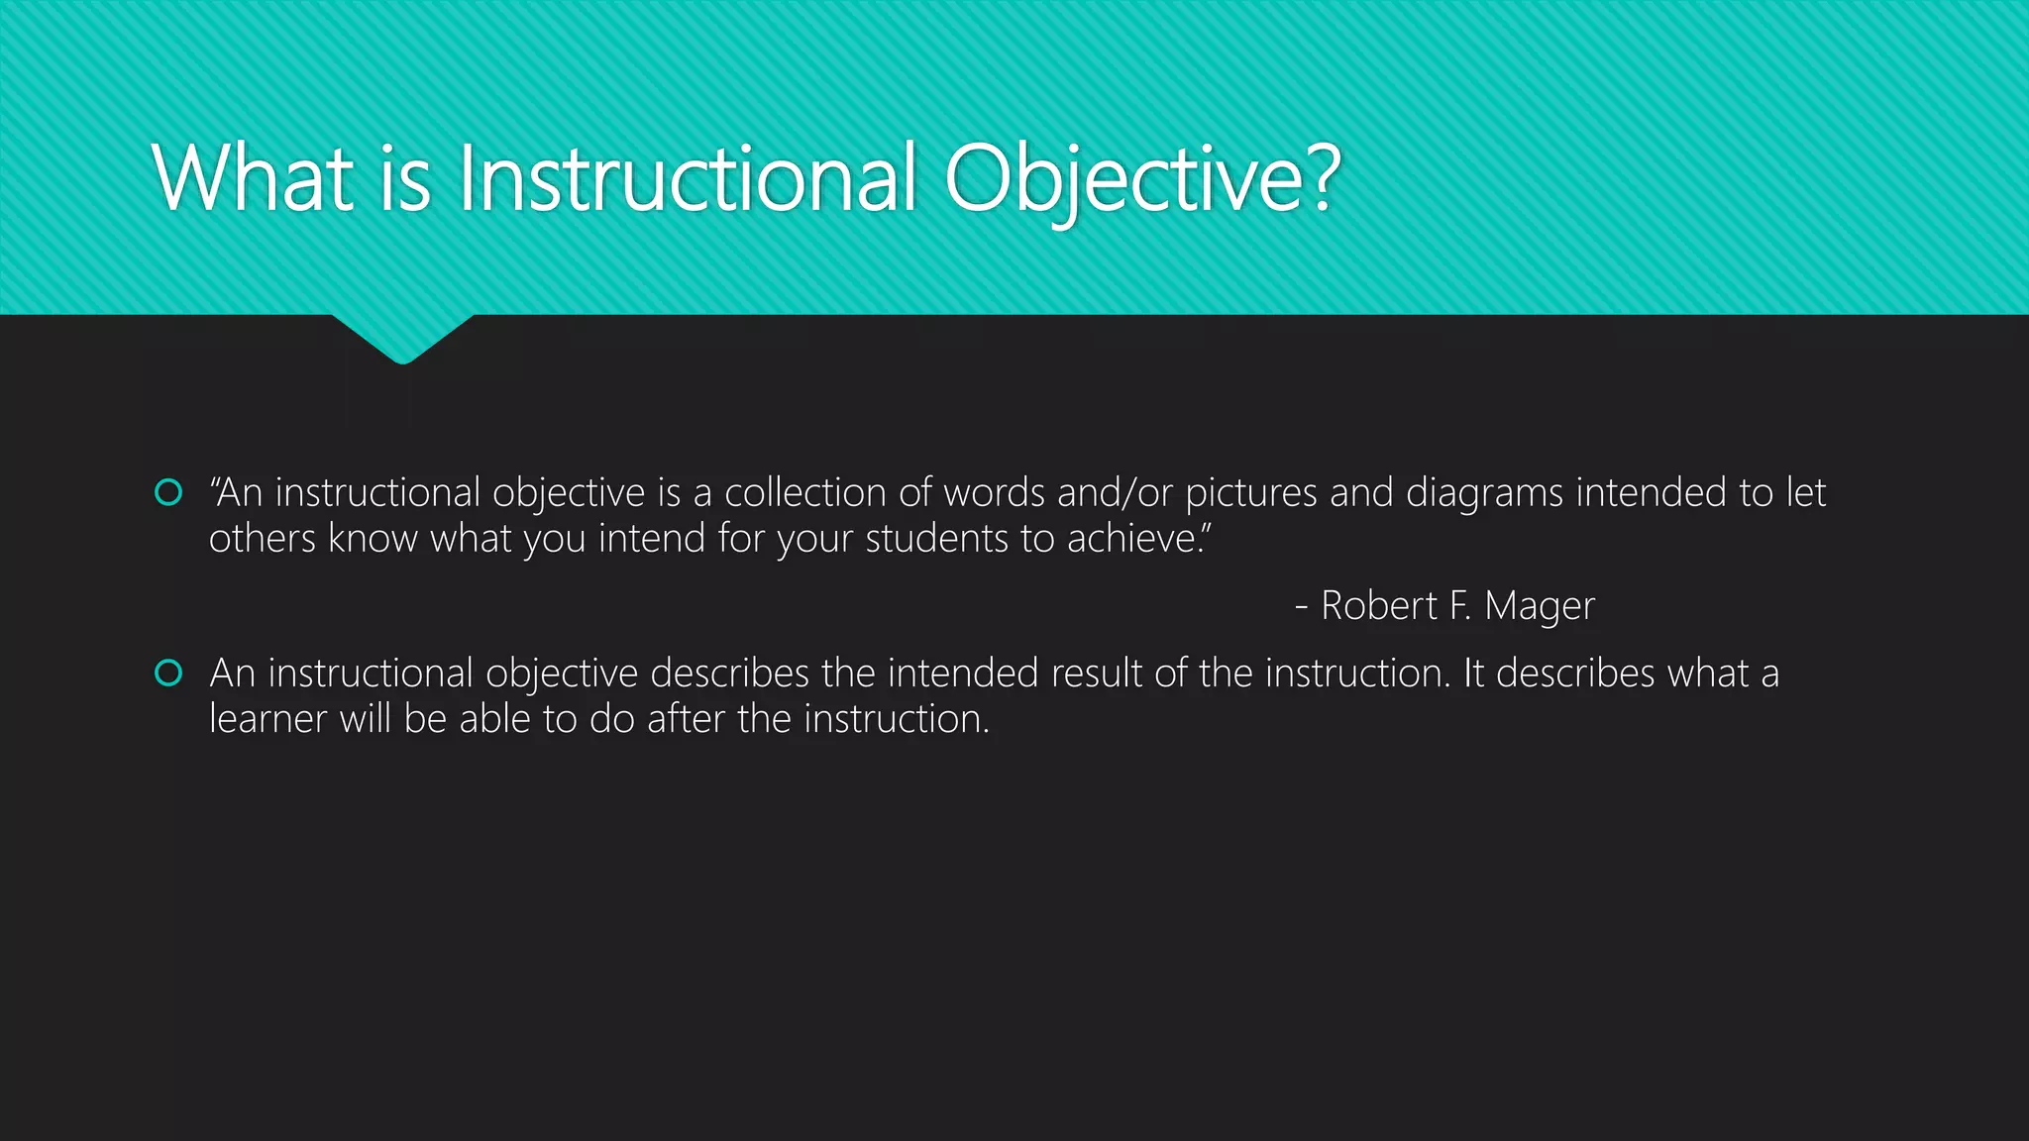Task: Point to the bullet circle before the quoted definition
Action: (169, 492)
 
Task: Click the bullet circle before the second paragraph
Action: (169, 674)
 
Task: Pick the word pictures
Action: (1251, 492)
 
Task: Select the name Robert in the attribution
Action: (1378, 605)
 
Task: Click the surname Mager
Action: (1540, 605)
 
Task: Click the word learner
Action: (267, 719)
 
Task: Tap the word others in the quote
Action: (263, 538)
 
